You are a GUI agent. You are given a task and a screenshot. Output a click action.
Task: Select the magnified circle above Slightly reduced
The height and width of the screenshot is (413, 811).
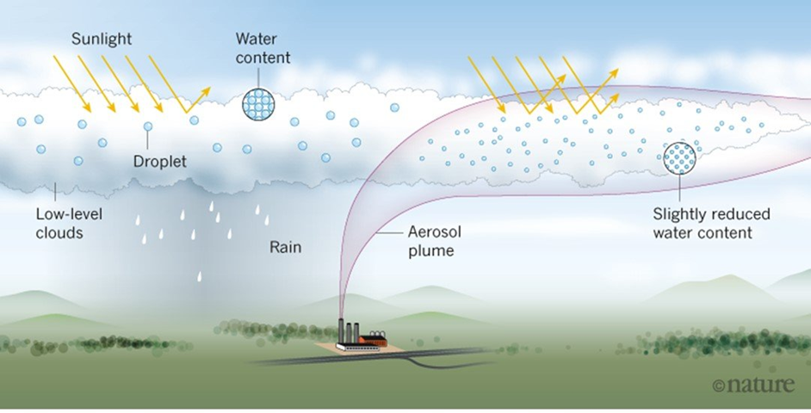[x=680, y=157]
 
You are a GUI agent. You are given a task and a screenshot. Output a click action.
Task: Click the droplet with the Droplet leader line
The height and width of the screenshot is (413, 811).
[x=147, y=127]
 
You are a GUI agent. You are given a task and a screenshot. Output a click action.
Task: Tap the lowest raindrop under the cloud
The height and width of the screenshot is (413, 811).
[x=200, y=277]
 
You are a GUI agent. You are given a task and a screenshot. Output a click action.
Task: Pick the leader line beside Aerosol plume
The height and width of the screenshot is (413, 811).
[x=392, y=233]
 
